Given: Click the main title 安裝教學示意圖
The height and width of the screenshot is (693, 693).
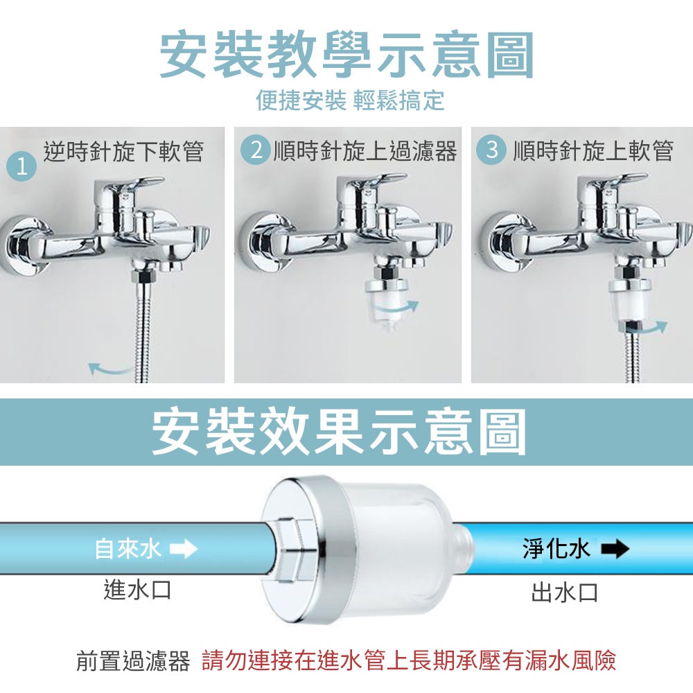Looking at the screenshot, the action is tap(346, 55).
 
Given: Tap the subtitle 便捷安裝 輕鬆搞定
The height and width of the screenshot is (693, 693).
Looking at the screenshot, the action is tap(350, 100).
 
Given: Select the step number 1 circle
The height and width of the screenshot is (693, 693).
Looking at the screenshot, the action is tap(21, 167).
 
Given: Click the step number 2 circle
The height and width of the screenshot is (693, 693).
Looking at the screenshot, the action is tap(256, 150).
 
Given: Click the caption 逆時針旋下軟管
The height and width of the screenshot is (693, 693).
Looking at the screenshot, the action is tap(123, 152).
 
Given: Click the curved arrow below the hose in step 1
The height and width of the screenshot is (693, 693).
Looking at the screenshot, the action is tap(110, 369).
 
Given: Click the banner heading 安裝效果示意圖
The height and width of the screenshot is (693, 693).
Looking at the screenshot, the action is tap(339, 432).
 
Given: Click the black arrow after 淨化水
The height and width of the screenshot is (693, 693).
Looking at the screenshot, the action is tap(615, 549).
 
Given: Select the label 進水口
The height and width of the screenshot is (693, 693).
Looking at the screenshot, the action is tap(137, 590).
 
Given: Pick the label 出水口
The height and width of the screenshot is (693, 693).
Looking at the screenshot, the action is tap(565, 593).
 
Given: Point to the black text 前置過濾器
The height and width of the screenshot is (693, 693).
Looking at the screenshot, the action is tap(133, 661).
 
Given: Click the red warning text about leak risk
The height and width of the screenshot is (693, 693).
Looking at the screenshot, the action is tap(409, 660).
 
